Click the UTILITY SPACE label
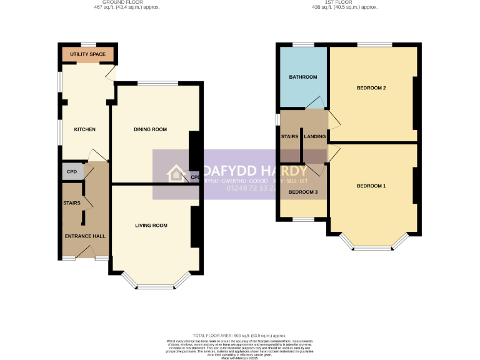click(87, 55)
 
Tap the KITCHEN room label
click(85, 129)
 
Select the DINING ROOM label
click(151, 129)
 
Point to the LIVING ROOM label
click(151, 225)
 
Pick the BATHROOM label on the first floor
click(302, 77)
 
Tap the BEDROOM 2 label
click(371, 87)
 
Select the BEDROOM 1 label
click(371, 186)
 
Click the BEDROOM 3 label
click(303, 191)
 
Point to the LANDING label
click(315, 136)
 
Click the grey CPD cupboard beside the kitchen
click(72, 171)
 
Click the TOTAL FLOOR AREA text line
click(239, 336)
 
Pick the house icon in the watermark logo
click(174, 173)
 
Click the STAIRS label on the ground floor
click(71, 203)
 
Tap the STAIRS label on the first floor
click(290, 136)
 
